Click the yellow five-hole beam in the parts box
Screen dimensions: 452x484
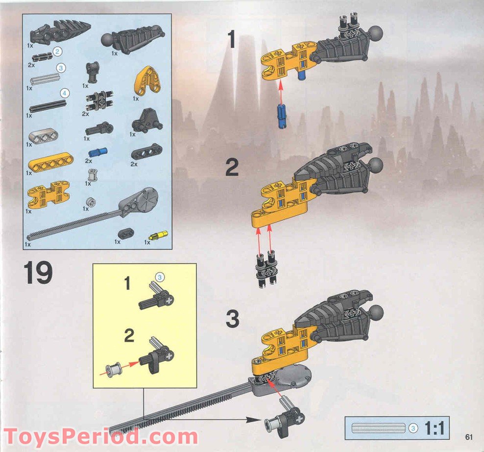51,161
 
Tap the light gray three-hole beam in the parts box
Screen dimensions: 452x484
43,135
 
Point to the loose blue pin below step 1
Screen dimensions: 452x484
282,116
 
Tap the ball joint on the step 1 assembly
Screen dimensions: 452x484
376,34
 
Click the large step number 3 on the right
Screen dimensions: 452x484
232,319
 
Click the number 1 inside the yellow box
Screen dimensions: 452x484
127,283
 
